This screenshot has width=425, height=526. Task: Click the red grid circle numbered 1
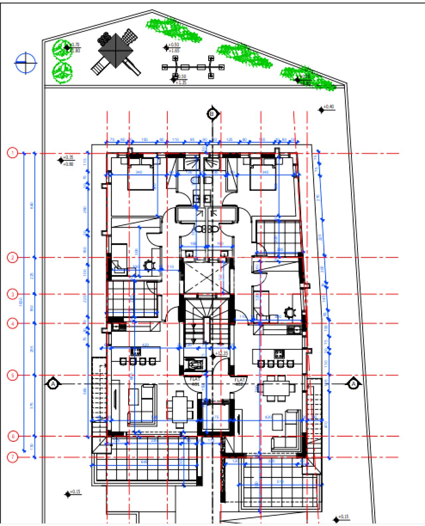click(x=13, y=153)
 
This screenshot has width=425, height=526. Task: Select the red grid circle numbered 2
click(x=13, y=258)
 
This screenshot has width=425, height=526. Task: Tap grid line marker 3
click(x=13, y=294)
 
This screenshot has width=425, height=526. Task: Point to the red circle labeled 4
click(x=13, y=324)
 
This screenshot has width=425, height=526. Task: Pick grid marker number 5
click(x=13, y=375)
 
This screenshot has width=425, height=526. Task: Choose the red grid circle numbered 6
click(x=13, y=436)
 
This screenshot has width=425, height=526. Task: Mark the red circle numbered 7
click(x=13, y=457)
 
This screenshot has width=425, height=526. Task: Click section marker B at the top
click(x=212, y=114)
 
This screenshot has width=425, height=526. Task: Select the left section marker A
click(x=53, y=384)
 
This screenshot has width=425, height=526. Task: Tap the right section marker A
click(x=353, y=384)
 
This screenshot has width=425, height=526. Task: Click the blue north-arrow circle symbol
click(x=26, y=62)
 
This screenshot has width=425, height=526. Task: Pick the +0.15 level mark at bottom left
click(x=75, y=492)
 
